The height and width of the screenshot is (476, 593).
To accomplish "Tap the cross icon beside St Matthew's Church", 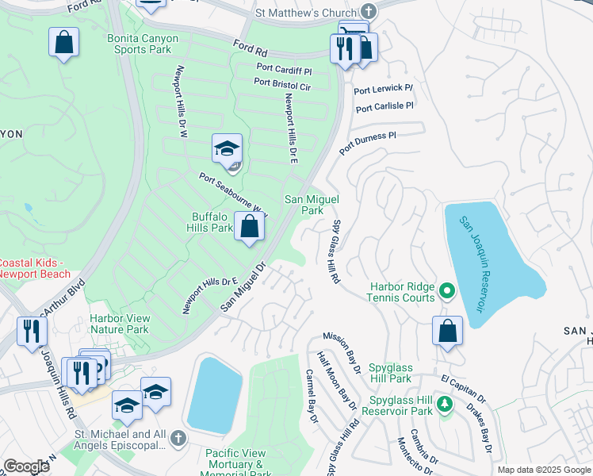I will coord(368,11).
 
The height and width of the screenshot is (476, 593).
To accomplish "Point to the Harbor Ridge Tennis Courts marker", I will coord(446,291).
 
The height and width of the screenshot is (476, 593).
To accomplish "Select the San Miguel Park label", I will coord(304,205).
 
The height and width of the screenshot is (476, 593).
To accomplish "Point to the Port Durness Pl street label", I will coord(367,143).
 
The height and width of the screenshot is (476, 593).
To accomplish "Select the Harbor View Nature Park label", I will coord(120,324).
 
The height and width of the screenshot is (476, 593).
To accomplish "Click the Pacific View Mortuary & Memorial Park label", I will coord(235,463).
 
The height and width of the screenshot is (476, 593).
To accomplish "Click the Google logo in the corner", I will coord(27,466).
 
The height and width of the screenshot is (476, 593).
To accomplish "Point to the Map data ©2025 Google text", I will coord(543,470).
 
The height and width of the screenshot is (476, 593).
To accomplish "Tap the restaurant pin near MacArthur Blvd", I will coord(30,332).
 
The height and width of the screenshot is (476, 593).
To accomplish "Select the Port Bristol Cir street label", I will coord(282,83).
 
